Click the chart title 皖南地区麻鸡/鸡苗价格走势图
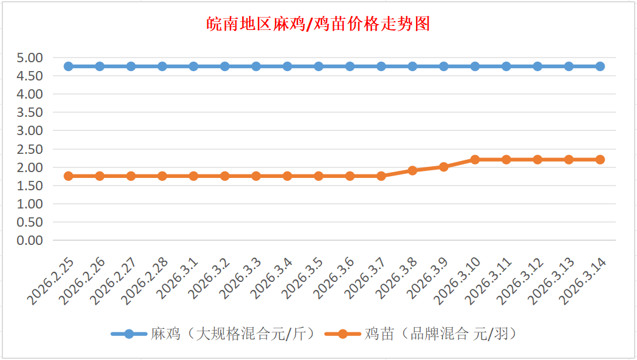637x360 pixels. pos(318,24)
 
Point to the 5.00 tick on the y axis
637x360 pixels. pos(31,58)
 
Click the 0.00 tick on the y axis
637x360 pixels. pos(31,240)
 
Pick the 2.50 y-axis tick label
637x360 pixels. pos(31,149)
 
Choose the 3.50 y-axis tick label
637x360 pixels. pos(31,112)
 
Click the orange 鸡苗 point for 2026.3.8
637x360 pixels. pos(413,170)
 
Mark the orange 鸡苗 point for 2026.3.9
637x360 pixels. pos(444,167)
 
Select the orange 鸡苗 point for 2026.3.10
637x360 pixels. pos(475,160)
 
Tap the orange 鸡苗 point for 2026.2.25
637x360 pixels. pos(69,176)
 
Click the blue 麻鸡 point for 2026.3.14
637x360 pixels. pos(600,66)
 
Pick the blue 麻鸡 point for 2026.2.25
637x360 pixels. pos(69,66)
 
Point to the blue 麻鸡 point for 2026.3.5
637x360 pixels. pos(318,66)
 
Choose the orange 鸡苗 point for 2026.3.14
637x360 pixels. pos(600,160)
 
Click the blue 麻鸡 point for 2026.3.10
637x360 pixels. pos(475,66)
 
